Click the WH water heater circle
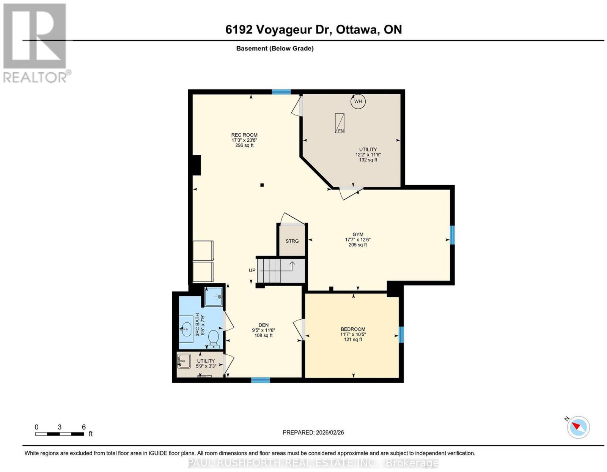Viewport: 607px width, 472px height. click(358, 101)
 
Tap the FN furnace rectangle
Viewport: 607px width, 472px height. click(340, 123)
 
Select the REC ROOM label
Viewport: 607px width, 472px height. click(244, 135)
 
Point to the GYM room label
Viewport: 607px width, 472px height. click(357, 234)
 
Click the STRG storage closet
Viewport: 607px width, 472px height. click(292, 241)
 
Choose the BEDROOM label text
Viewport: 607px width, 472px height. click(353, 329)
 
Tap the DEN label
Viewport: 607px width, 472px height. click(263, 325)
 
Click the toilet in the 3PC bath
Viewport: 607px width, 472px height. click(214, 339)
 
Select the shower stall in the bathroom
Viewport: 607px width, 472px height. click(214, 297)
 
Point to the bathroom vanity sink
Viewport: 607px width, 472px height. click(186, 329)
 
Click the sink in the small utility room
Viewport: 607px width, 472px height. click(184, 361)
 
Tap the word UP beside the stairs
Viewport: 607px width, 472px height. click(252, 270)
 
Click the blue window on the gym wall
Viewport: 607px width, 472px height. click(452, 235)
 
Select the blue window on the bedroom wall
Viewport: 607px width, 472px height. click(401, 335)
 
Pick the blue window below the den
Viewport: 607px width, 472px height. click(260, 380)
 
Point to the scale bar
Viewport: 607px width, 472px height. click(60, 434)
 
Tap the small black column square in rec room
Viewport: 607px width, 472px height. click(262, 185)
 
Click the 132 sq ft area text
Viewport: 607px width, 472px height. click(368, 160)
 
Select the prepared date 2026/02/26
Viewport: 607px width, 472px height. click(330, 433)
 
